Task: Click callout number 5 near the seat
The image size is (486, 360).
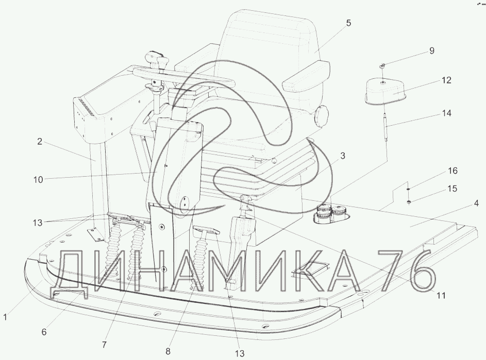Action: point(348,23)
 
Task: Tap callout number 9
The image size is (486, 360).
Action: point(432,50)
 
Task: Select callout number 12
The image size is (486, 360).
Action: point(446,80)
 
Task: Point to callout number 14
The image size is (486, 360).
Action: point(446,113)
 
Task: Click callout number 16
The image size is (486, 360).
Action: point(453,170)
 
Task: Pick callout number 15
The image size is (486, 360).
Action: point(453,188)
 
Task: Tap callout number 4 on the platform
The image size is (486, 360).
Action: point(476,203)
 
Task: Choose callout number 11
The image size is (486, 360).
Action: point(441,295)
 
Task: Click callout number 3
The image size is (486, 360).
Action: point(343,156)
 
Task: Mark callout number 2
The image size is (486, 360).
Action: point(39,142)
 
